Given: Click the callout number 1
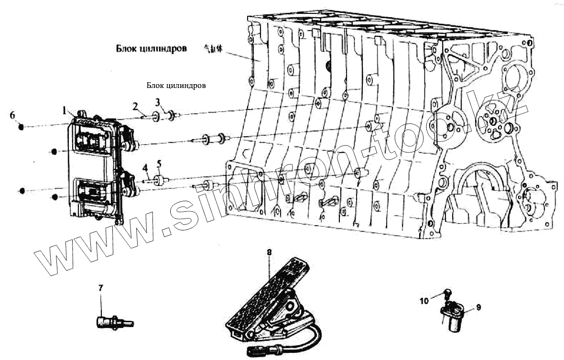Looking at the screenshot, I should click(64, 111).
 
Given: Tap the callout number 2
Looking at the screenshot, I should click(136, 106).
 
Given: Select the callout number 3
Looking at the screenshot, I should click(158, 102).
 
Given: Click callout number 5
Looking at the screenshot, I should click(159, 164).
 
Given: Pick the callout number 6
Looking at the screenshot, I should click(12, 115).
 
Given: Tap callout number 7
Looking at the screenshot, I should click(101, 288).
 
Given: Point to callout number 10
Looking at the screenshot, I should click(424, 301).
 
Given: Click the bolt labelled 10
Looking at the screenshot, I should click(448, 293).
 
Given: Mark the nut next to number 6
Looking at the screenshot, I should click(21, 127).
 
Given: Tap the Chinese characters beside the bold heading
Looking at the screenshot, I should click(213, 49).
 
